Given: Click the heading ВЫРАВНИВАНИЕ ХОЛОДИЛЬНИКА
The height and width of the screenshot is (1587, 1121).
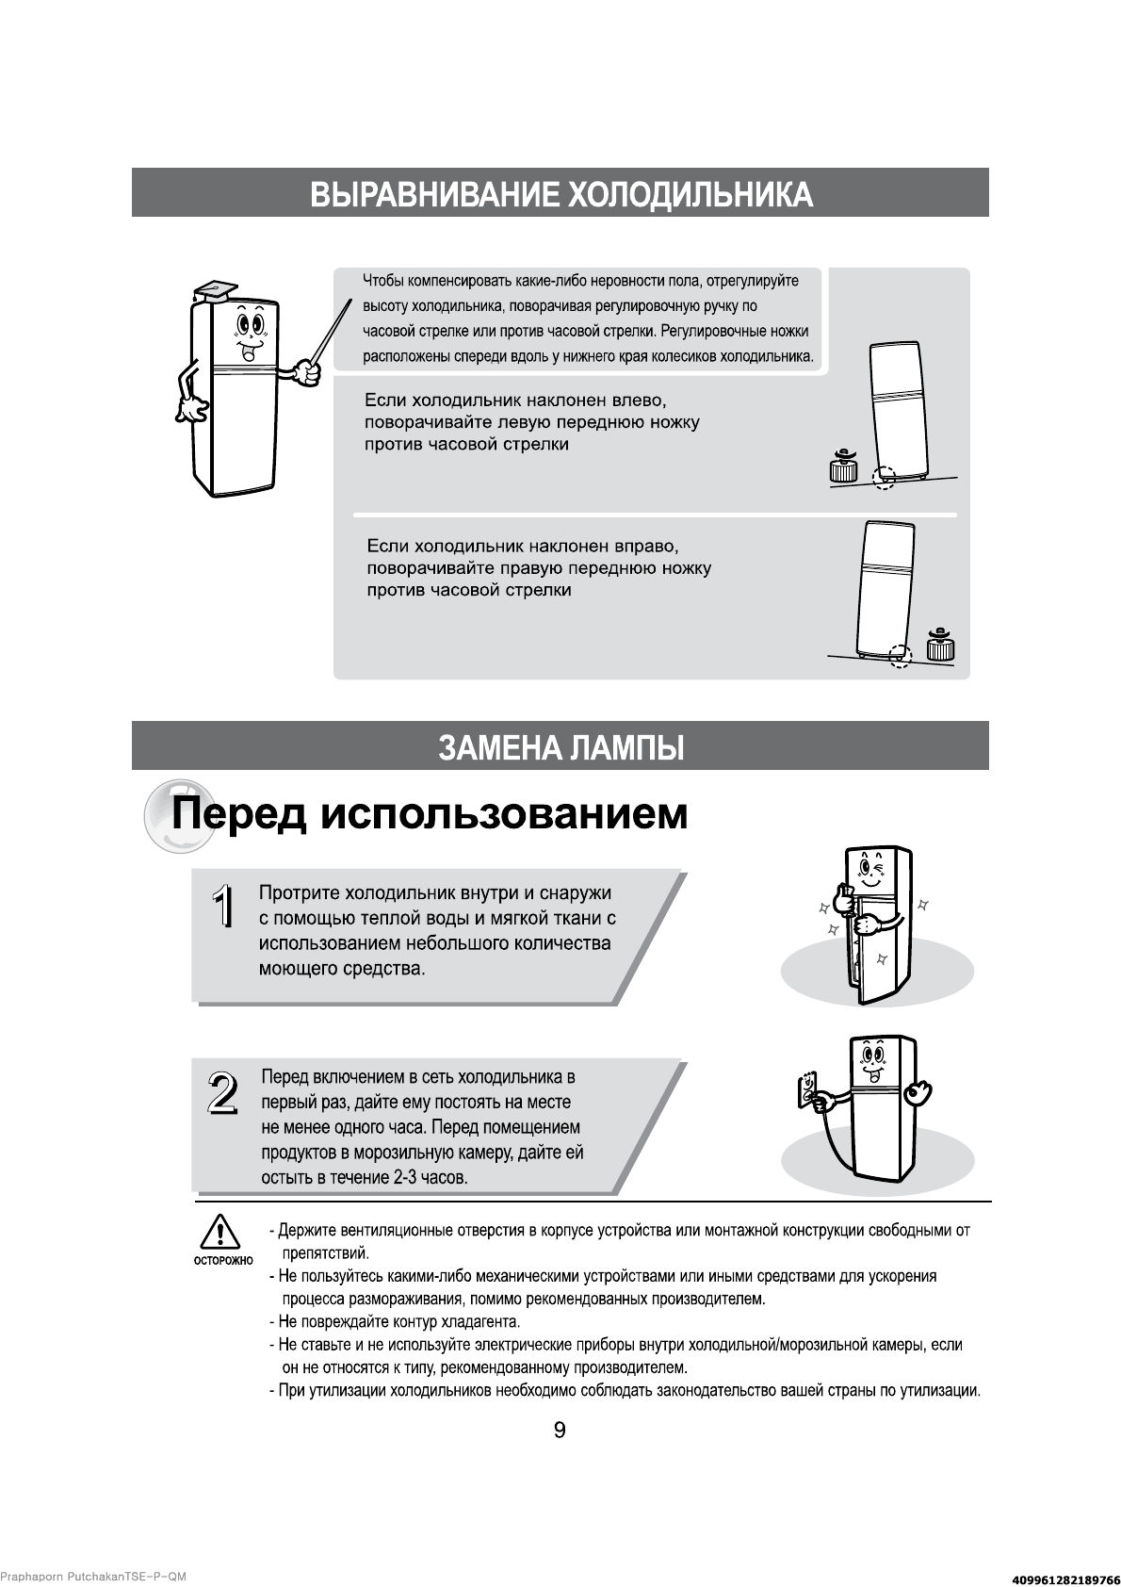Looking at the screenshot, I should pos(560,194).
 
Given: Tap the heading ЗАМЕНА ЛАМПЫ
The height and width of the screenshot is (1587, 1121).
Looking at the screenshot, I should pos(560,747).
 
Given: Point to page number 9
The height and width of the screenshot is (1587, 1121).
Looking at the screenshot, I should pos(560,1431).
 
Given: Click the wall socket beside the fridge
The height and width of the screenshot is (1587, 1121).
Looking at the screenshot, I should pos(808,1090).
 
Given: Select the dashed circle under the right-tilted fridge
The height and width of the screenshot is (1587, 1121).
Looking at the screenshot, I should pos(901,656).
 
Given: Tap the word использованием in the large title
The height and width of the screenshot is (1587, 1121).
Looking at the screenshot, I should pos(504,813).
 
